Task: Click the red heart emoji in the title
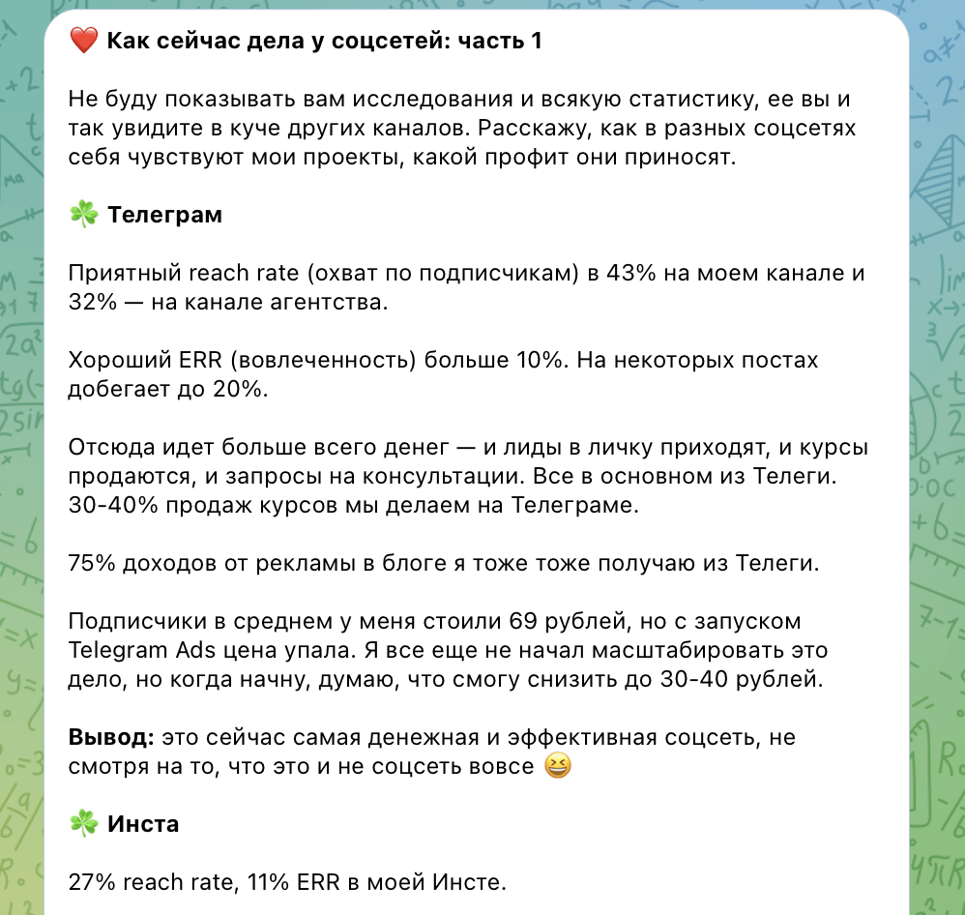pyautogui.click(x=84, y=42)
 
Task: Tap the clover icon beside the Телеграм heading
pyautogui.click(x=84, y=215)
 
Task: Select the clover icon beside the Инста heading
pyautogui.click(x=84, y=824)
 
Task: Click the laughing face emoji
pyautogui.click(x=558, y=767)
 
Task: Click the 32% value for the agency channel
pyautogui.click(x=90, y=303)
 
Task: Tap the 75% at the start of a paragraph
pyautogui.click(x=90, y=564)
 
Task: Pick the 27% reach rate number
pyautogui.click(x=90, y=882)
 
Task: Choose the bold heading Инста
pyautogui.click(x=143, y=825)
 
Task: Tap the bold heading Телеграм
pyautogui.click(x=164, y=215)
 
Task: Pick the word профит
pyautogui.click(x=570, y=158)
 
